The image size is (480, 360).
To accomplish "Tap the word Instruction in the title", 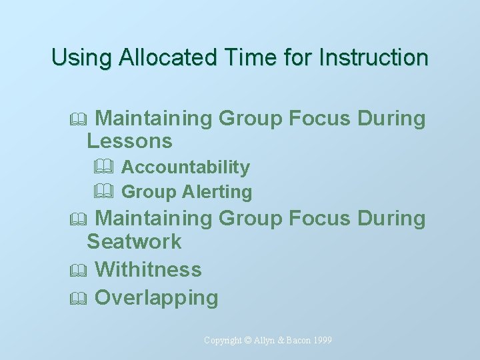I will pyautogui.click(x=373, y=57).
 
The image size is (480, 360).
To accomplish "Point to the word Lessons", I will pyautogui.click(x=129, y=141).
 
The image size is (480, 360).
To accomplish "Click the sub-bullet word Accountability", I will pyautogui.click(x=185, y=167).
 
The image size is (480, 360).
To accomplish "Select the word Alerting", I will pyautogui.click(x=217, y=193).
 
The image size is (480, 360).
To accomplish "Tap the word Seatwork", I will pyautogui.click(x=134, y=241).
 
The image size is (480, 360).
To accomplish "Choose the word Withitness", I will pyautogui.click(x=148, y=269).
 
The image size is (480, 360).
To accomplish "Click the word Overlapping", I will pyautogui.click(x=157, y=298).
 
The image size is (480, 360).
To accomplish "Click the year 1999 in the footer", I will pyautogui.click(x=321, y=341).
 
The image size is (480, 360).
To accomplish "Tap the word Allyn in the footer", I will pyautogui.click(x=264, y=341).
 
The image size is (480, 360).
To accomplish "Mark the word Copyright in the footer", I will pyautogui.click(x=223, y=341).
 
